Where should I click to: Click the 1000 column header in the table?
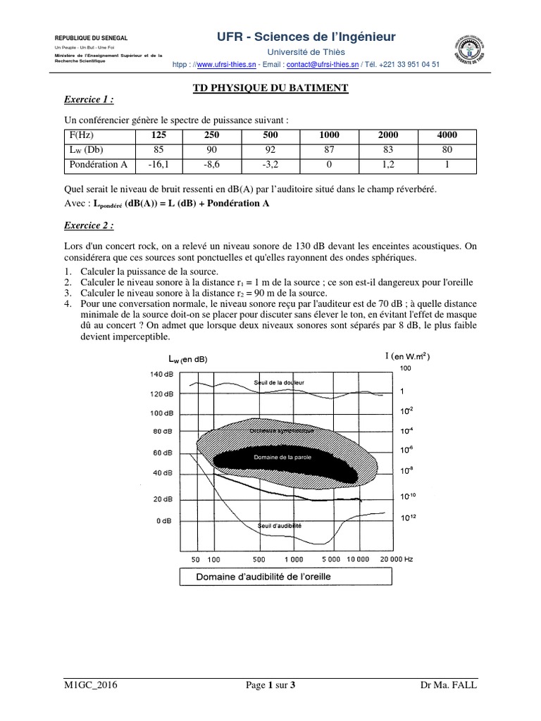[329, 135]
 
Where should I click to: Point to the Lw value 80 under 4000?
[447, 150]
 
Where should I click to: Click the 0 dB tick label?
[163, 522]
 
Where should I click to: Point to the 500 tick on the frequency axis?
[258, 559]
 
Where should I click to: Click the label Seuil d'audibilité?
[280, 525]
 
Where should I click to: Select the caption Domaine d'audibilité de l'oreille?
[263, 576]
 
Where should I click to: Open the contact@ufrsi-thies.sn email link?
[321, 64]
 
